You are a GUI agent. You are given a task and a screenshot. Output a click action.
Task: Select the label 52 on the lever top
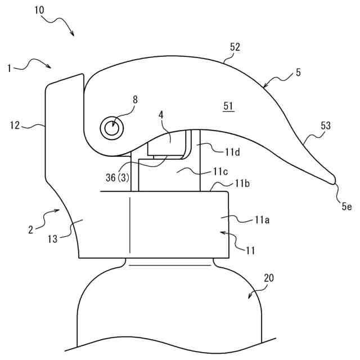tap(235, 47)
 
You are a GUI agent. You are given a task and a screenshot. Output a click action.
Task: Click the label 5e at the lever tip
tap(347, 206)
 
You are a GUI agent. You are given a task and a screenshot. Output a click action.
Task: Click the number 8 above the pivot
tap(135, 100)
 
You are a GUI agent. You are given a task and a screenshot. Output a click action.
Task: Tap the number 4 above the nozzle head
tap(161, 114)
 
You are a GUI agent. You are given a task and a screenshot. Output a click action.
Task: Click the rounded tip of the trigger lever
tap(333, 179)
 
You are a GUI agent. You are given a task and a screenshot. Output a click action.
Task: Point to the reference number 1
tap(10, 68)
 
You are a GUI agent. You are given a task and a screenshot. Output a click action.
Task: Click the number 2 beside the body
tap(31, 229)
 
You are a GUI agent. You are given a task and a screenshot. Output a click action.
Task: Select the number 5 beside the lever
tap(298, 72)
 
